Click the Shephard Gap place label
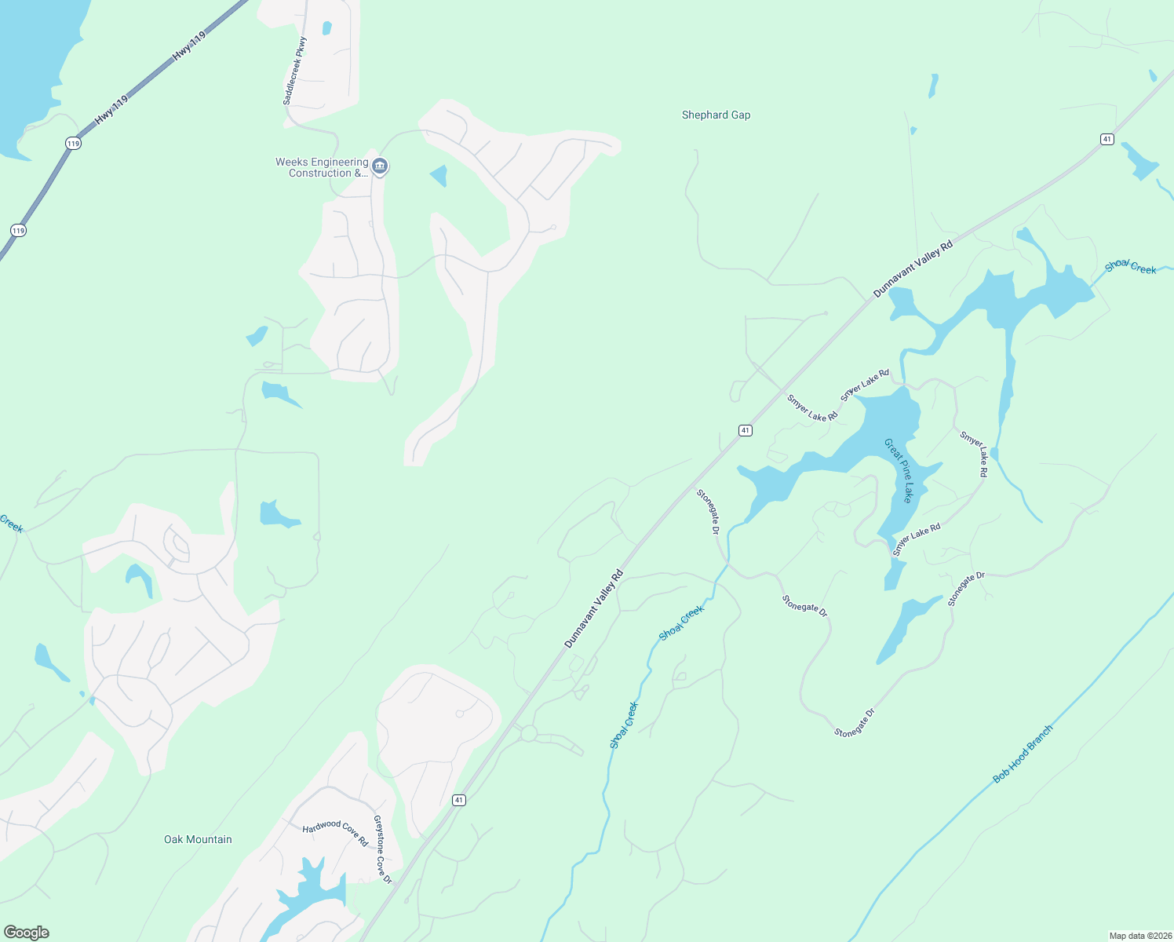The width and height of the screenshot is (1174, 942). tap(716, 115)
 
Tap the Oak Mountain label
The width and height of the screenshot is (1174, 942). tap(198, 839)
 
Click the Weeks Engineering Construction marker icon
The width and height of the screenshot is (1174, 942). tap(380, 166)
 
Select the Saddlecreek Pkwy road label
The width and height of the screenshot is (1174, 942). tap(295, 71)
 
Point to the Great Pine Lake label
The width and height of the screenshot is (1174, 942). tap(899, 470)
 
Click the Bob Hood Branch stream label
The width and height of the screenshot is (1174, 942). tap(1023, 754)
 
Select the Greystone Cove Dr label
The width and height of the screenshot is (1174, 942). tap(382, 849)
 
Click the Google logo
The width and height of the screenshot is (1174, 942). tap(27, 932)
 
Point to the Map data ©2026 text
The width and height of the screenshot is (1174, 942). tap(1139, 936)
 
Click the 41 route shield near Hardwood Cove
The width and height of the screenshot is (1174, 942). tap(459, 800)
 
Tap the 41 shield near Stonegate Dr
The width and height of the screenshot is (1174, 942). tap(746, 430)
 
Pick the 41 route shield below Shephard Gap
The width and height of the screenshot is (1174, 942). tap(1107, 139)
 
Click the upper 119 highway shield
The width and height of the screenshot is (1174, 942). tap(73, 143)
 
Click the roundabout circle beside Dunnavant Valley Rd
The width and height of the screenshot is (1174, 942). tap(529, 734)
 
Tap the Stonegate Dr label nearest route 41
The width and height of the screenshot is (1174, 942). tap(708, 511)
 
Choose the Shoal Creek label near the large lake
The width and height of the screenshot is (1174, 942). tap(1130, 267)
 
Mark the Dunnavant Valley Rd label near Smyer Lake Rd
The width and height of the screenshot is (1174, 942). tap(913, 268)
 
